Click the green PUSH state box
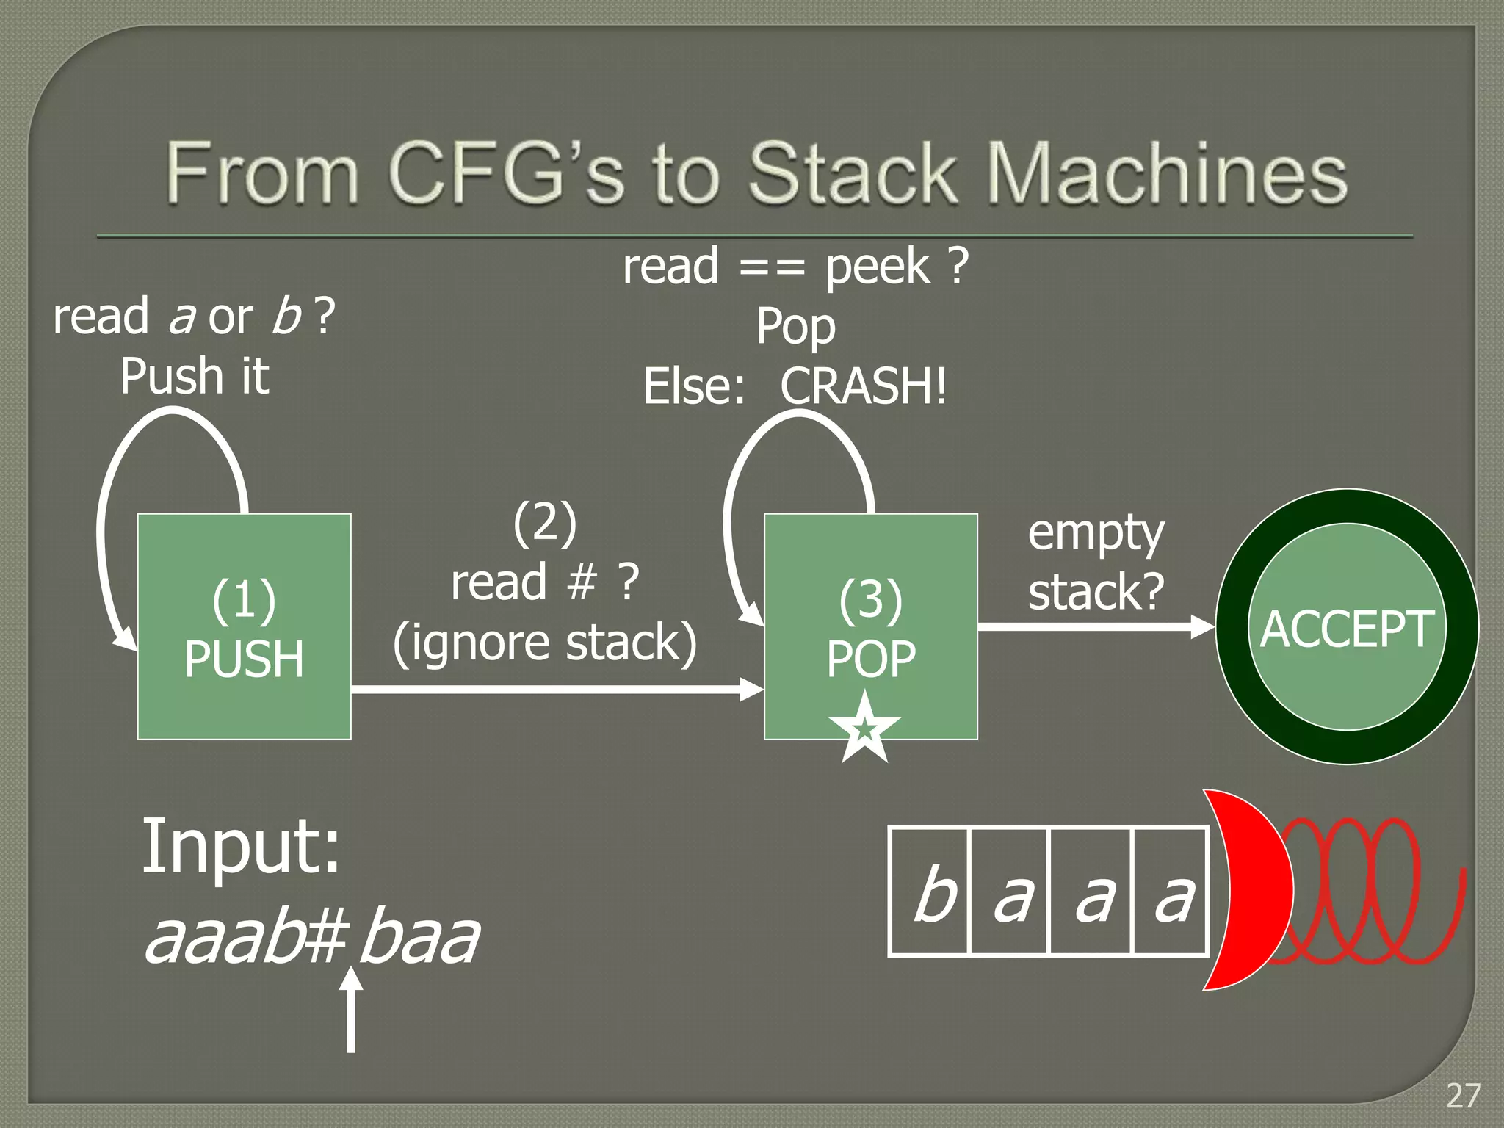(x=244, y=626)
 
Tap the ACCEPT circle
(x=1346, y=626)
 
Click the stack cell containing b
(x=930, y=891)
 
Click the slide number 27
(x=1463, y=1096)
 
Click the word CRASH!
(x=863, y=386)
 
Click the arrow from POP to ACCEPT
(x=1094, y=626)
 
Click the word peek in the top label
(x=878, y=267)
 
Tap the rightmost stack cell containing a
(x=1171, y=891)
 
